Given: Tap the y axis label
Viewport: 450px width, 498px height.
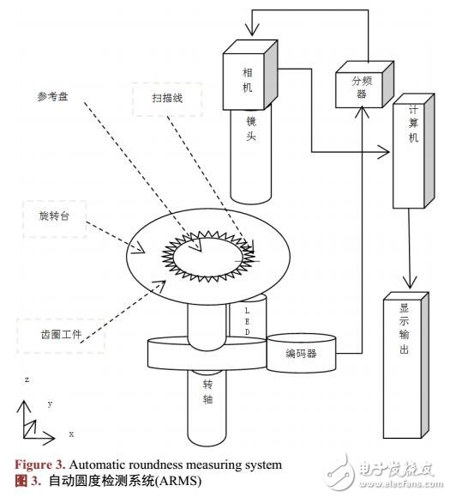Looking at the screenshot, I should click(x=51, y=403).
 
